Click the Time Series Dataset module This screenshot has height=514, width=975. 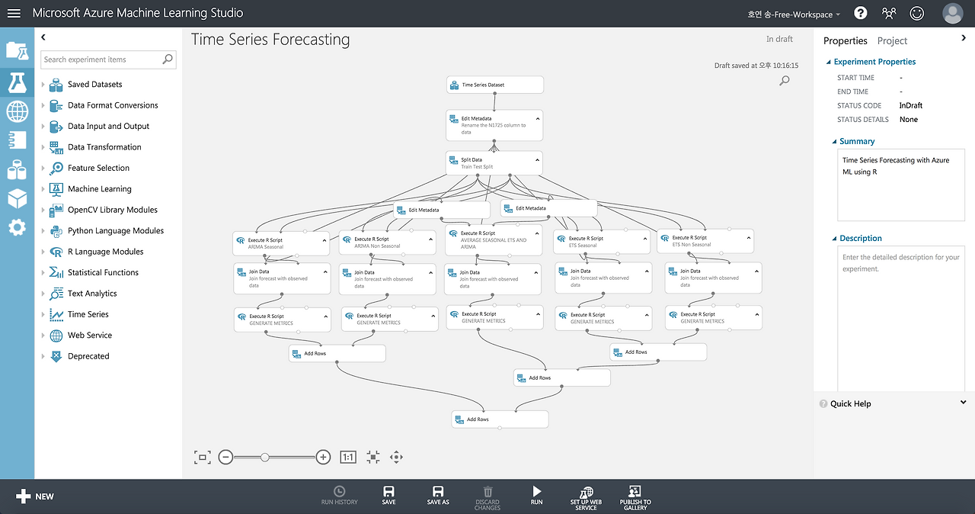click(494, 85)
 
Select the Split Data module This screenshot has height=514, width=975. click(494, 163)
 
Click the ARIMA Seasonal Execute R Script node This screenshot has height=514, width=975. click(280, 243)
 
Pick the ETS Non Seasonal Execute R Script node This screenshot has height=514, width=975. click(705, 241)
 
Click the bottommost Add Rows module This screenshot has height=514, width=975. click(499, 419)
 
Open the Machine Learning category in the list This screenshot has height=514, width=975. click(99, 189)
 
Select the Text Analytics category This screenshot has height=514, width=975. click(91, 294)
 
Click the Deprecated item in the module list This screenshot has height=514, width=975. click(88, 356)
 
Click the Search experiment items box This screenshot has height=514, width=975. click(102, 59)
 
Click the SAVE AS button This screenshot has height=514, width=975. click(438, 495)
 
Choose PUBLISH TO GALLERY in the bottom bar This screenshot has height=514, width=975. click(635, 496)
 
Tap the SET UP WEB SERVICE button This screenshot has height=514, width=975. click(586, 496)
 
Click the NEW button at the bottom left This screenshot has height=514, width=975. click(35, 496)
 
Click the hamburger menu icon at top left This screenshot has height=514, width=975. click(14, 13)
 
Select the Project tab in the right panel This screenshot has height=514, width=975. click(892, 40)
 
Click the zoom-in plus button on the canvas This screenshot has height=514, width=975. click(323, 457)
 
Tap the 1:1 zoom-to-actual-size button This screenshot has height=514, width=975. click(348, 457)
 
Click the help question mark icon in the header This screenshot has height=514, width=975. click(861, 13)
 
